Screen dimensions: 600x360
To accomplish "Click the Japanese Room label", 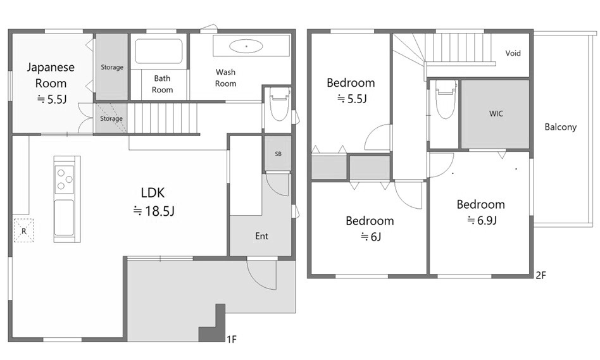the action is tap(51, 75).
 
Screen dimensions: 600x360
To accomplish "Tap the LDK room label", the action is tap(153, 192).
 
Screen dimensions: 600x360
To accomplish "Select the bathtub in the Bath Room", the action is tap(159, 51).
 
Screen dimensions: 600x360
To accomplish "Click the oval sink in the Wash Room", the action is tap(246, 46).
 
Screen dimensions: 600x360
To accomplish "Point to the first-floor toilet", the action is tap(278, 103).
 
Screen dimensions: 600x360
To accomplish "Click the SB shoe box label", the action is tap(278, 154).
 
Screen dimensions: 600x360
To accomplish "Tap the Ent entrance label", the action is tap(262, 236).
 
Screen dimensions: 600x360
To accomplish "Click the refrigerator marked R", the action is tap(23, 230).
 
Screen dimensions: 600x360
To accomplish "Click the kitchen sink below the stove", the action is tap(64, 218).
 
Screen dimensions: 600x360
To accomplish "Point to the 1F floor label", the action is tap(232, 339).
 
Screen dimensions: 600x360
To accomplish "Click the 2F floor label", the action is tap(541, 275).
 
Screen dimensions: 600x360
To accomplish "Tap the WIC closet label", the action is tap(496, 114).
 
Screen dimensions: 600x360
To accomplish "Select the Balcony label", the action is tap(561, 127).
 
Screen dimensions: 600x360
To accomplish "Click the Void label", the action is tap(513, 53).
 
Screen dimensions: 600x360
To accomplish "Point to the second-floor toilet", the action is tap(445, 99).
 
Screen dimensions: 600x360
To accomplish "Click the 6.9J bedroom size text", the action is tap(482, 220).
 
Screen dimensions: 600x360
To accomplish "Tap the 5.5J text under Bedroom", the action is tap(352, 99).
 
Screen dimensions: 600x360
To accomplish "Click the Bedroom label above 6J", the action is tap(370, 221).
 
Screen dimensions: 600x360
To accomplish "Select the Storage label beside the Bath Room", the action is tap(112, 67).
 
